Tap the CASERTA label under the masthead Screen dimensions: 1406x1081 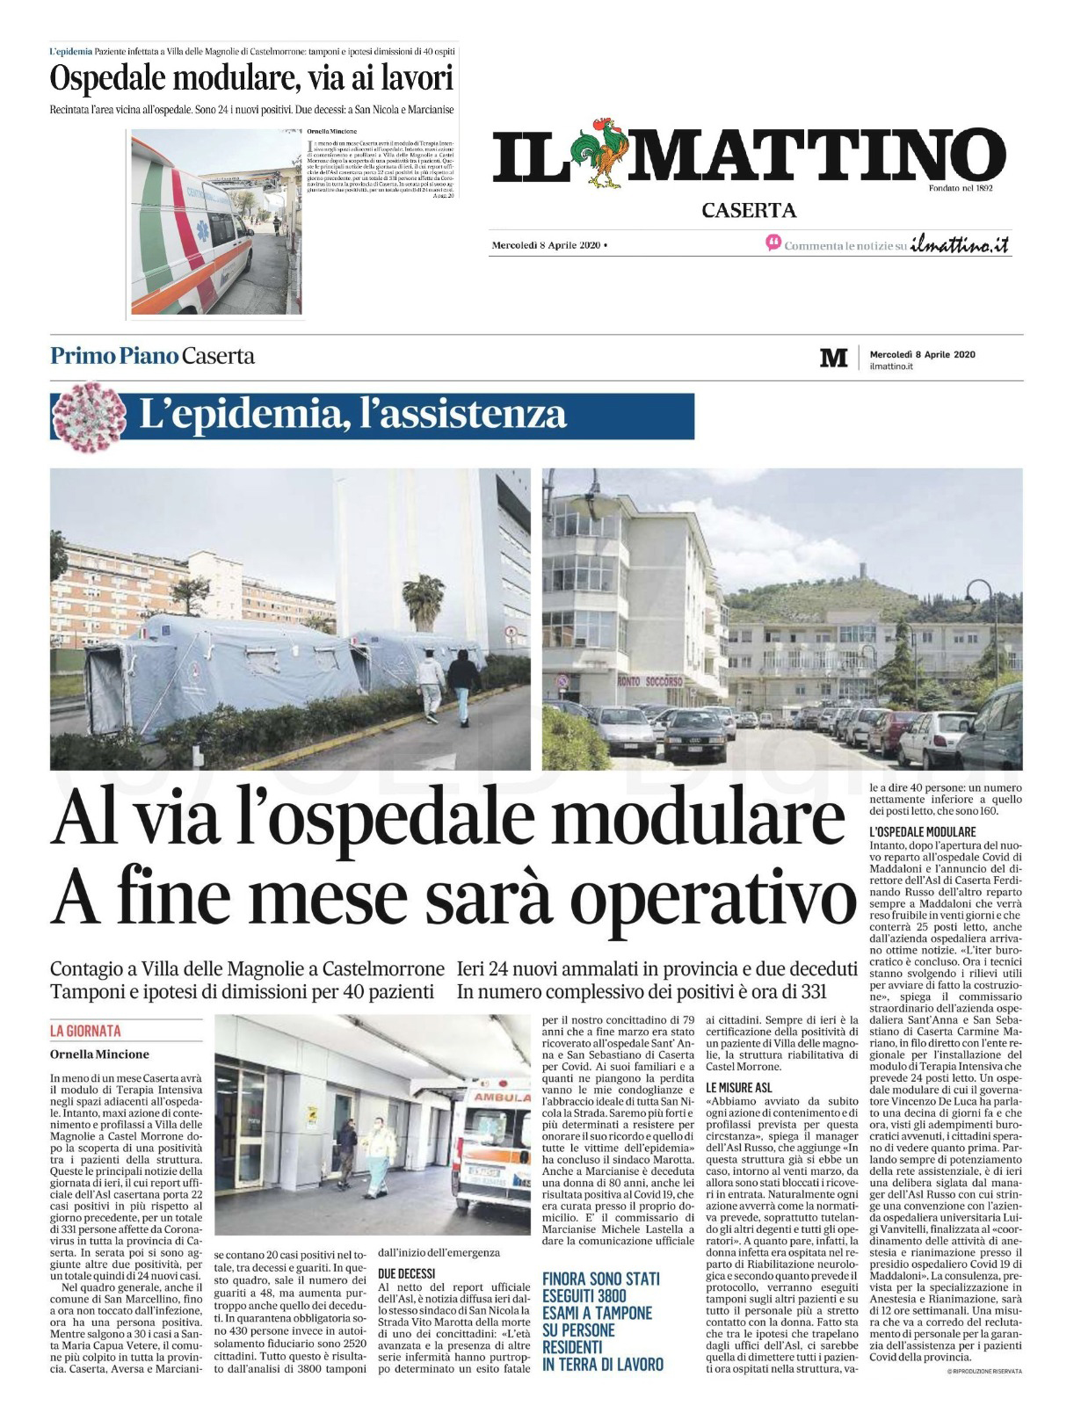click(749, 210)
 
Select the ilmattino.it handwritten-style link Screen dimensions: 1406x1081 click(959, 245)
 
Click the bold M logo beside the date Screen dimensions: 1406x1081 click(833, 359)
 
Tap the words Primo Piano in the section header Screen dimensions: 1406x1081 click(114, 357)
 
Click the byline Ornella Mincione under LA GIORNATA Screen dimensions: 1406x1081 click(99, 1054)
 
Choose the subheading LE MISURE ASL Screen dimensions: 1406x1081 click(738, 1088)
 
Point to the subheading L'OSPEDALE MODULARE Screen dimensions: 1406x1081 click(921, 831)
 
